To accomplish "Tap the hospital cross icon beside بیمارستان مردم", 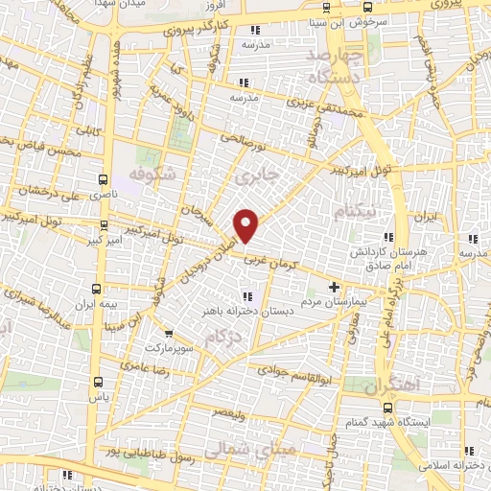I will click(x=334, y=287).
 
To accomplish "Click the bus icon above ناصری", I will click(x=103, y=177).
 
